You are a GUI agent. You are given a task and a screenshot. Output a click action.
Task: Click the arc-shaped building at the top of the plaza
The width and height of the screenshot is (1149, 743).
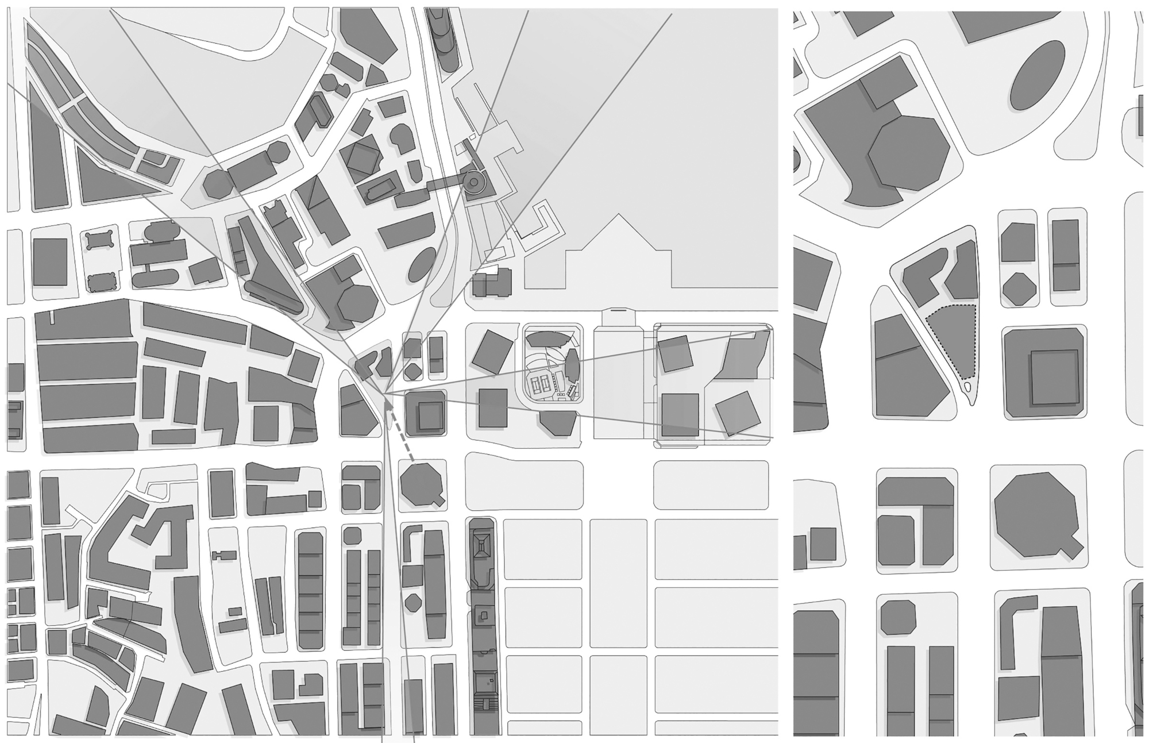coord(549,338)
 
